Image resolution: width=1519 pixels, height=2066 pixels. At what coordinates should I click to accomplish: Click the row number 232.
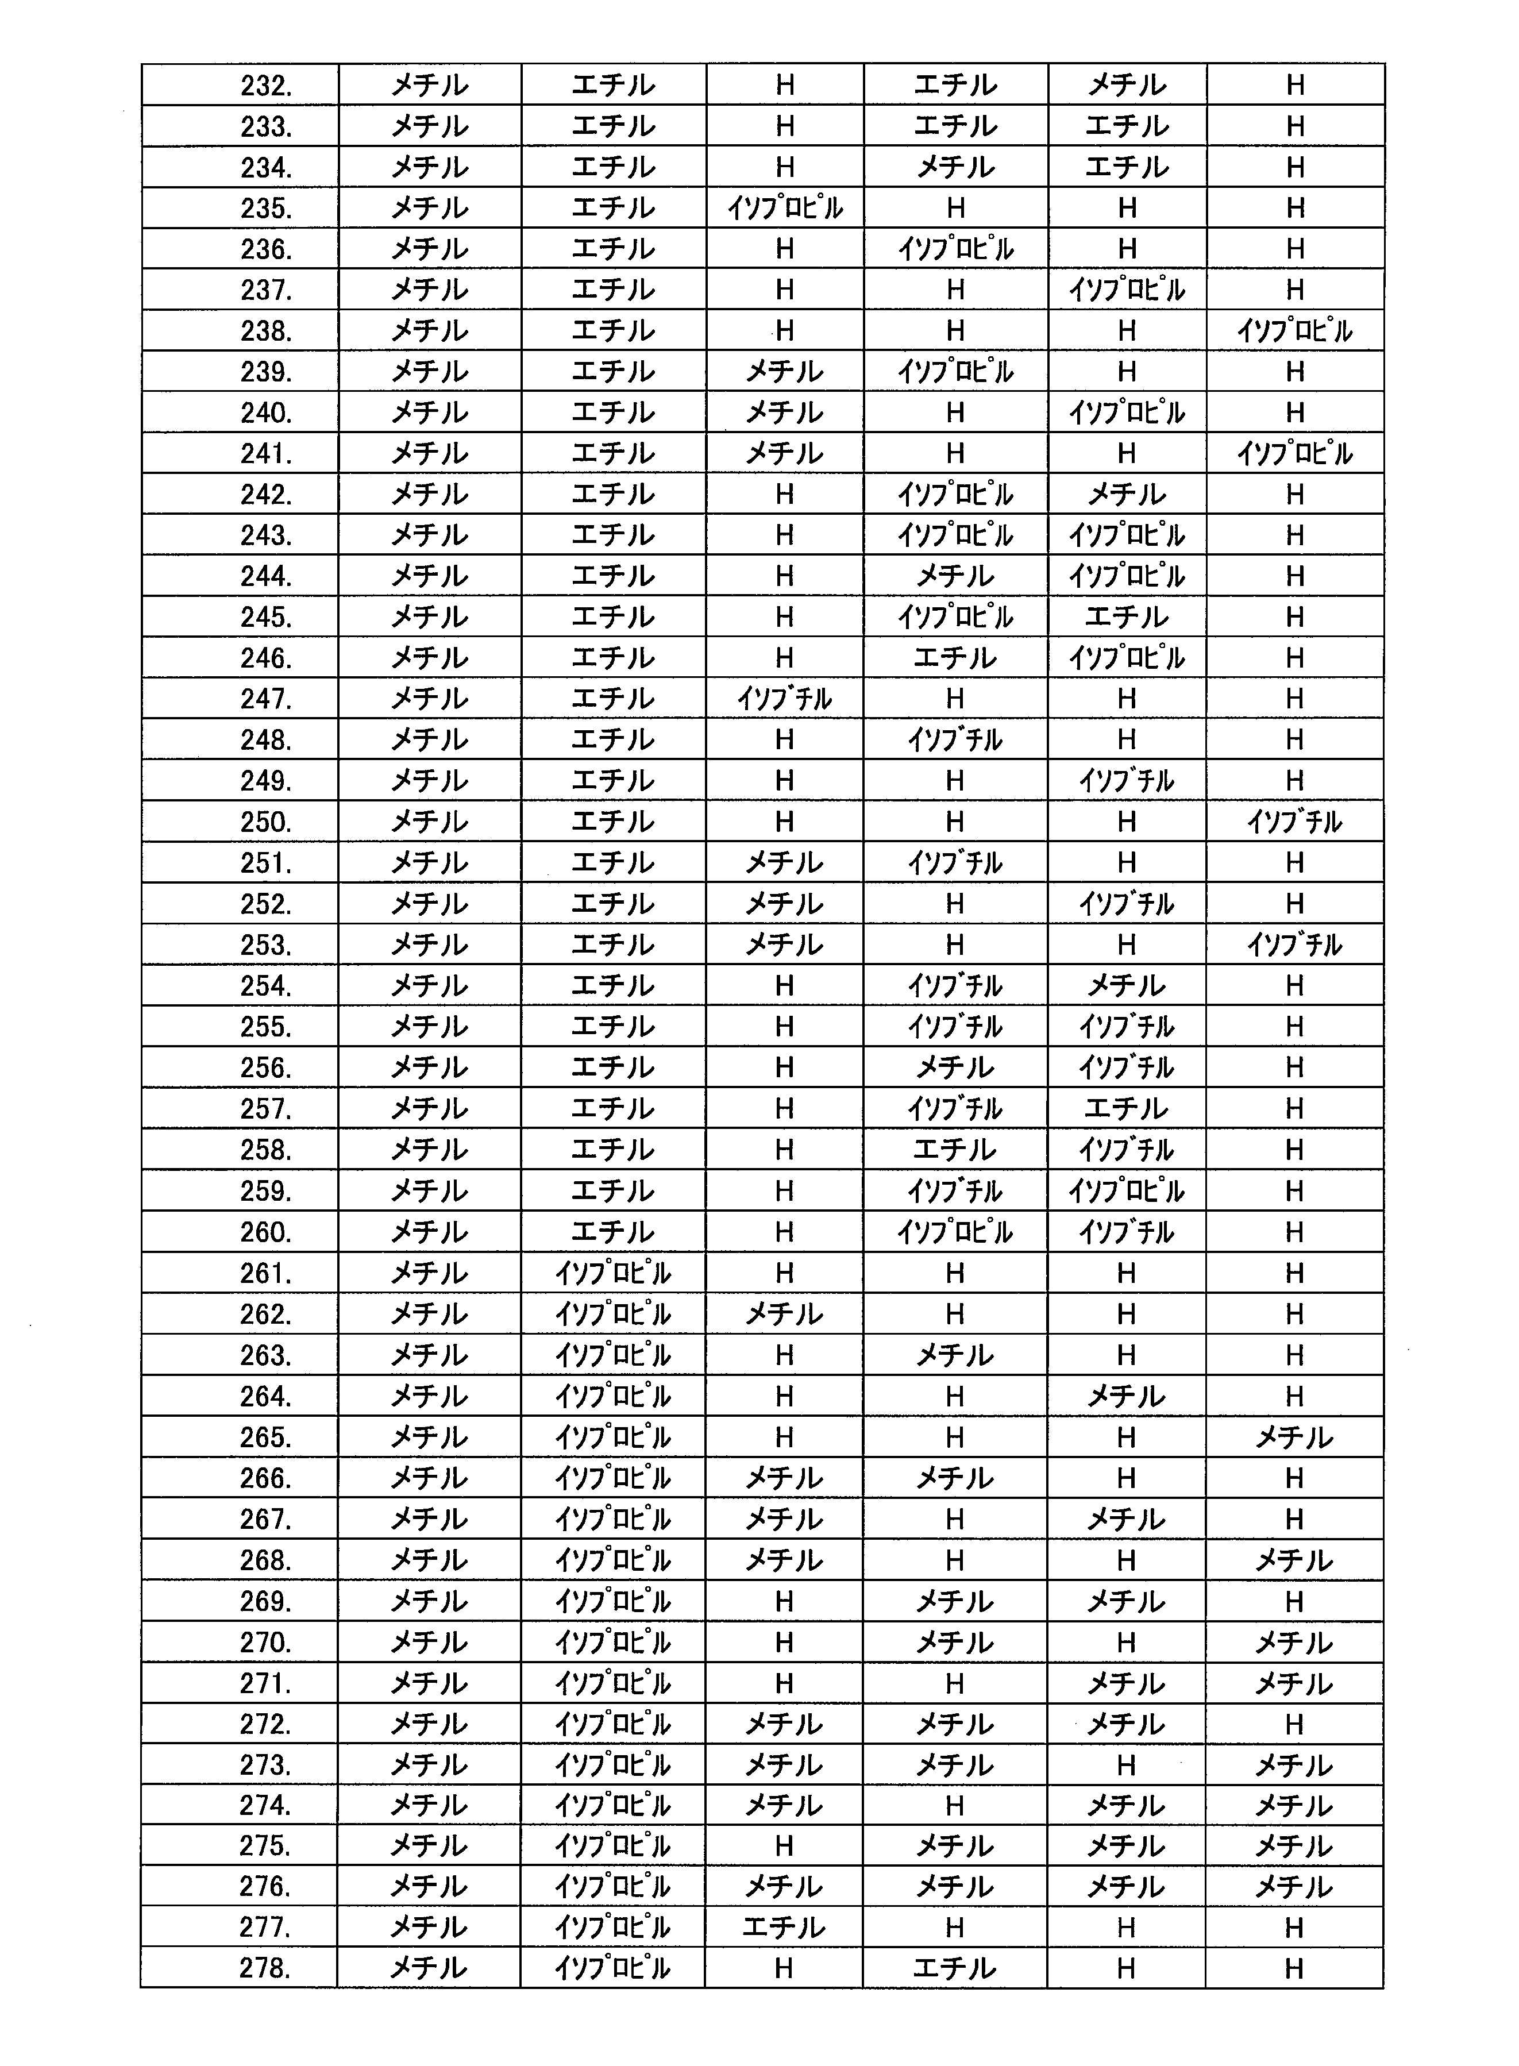click(x=266, y=86)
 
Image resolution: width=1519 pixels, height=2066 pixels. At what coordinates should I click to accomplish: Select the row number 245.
click(x=266, y=617)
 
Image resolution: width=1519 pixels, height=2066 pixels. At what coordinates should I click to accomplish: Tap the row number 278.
click(x=266, y=1968)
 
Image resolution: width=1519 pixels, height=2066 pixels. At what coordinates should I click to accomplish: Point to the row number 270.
click(x=266, y=1642)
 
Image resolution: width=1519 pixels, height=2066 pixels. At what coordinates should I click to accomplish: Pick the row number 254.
click(x=266, y=986)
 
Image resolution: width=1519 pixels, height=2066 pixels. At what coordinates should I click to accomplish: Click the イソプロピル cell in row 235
click(x=784, y=209)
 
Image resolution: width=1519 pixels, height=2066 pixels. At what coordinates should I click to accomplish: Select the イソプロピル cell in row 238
click(x=1294, y=331)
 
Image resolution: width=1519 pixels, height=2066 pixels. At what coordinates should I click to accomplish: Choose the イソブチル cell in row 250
click(x=1294, y=822)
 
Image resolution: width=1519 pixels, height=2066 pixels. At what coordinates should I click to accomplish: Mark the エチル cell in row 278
click(x=954, y=1968)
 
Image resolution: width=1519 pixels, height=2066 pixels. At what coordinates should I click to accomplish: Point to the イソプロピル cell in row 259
click(x=1127, y=1190)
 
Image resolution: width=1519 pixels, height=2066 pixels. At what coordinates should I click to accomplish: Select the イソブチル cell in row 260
click(x=1127, y=1232)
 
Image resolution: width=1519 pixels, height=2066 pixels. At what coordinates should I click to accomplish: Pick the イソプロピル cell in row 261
click(x=614, y=1273)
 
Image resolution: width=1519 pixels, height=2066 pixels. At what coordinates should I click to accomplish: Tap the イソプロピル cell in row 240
click(x=1127, y=413)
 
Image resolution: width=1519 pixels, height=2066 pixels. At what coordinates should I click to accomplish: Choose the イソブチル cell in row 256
click(x=1127, y=1067)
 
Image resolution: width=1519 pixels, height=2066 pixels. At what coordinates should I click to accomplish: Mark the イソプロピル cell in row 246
click(x=1127, y=658)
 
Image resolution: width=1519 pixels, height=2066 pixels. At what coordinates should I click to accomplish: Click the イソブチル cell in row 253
click(x=1294, y=945)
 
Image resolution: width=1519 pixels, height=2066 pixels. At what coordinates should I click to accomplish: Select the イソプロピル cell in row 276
click(x=614, y=1887)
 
